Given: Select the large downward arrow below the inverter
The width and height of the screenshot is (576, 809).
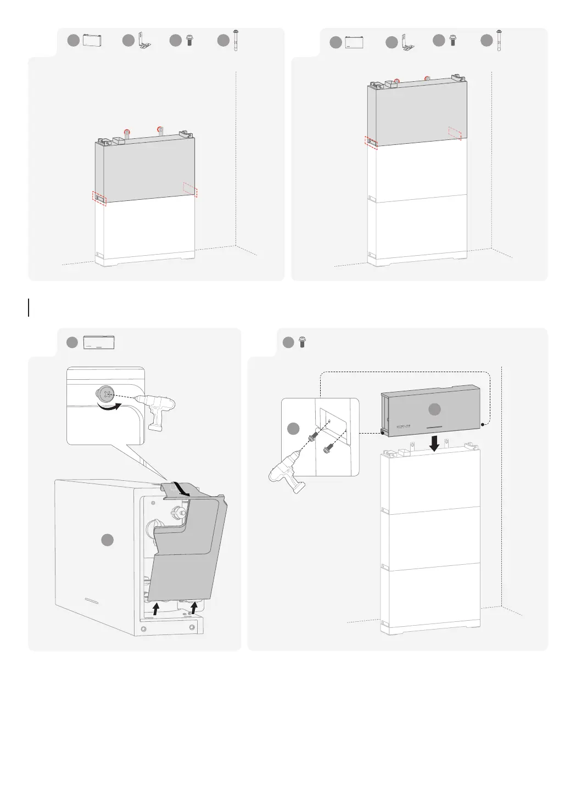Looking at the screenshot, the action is [434, 443].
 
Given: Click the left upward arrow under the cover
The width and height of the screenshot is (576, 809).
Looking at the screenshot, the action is [156, 607].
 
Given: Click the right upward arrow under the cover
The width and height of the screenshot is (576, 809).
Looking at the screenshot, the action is [194, 606].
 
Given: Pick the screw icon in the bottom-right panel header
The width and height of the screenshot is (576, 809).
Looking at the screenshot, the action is [301, 342].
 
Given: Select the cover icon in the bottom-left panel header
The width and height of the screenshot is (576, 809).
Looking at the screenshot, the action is [99, 342].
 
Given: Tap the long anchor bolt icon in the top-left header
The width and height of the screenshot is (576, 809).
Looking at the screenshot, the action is [237, 41].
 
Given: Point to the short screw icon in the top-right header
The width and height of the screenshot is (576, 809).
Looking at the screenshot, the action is [452, 41].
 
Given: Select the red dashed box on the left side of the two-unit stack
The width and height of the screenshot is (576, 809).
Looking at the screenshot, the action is [100, 196].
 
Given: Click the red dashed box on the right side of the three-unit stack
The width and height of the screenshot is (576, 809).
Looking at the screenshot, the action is [455, 132].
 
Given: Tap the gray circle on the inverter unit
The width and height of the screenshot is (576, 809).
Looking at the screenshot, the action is [434, 409].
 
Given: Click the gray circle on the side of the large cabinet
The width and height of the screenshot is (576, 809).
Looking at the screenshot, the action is [108, 541].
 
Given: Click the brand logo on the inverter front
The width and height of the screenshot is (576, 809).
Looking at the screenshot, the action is [405, 426].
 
